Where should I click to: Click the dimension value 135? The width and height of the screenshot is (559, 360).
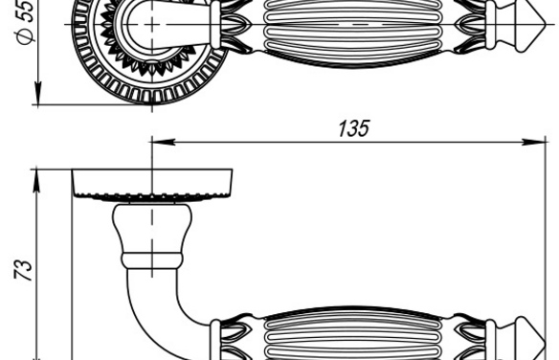point(353,128)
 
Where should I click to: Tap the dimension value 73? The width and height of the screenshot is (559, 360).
point(23,269)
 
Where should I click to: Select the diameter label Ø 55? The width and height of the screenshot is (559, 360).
point(25,22)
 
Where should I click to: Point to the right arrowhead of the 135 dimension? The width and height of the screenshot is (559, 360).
point(534,142)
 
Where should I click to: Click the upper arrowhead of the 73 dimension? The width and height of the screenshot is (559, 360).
point(36,181)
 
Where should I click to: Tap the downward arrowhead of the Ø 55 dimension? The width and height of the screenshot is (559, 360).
point(37,93)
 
